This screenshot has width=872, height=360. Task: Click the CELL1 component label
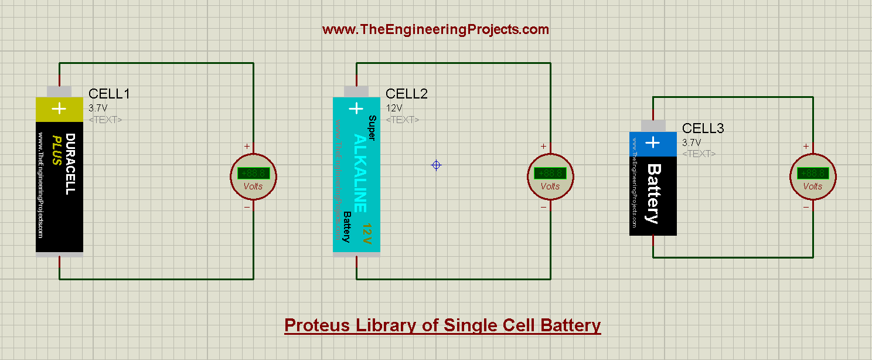point(109,94)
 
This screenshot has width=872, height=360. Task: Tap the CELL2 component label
point(407,94)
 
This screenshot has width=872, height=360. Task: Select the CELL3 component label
point(703,128)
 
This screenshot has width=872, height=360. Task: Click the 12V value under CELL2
point(394,108)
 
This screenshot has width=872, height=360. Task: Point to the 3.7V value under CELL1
point(98,108)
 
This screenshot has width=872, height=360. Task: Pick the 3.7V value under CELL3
point(692,142)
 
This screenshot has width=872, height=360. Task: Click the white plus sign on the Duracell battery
point(59,108)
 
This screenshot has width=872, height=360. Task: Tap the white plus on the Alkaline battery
point(356,108)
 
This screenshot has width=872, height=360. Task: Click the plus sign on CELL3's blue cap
point(652,142)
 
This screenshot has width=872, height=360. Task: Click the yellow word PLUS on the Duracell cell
point(57,150)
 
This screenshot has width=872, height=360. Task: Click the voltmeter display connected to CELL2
point(550,173)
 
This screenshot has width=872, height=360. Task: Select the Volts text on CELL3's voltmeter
point(813,186)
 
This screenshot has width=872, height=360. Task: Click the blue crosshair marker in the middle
point(436,165)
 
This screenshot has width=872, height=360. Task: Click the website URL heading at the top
point(435,29)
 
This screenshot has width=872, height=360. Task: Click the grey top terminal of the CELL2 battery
point(356,91)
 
